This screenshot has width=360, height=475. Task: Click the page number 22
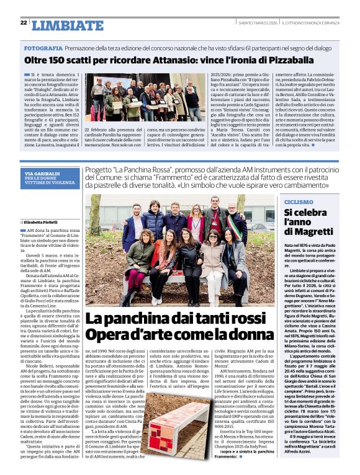24,22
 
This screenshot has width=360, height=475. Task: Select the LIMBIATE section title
67,25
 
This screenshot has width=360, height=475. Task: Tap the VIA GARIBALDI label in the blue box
42,174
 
